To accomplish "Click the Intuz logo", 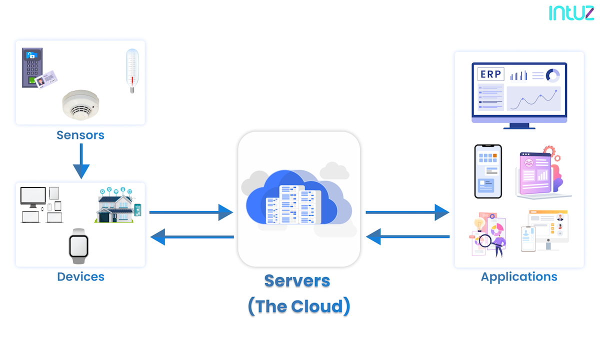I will [571, 13].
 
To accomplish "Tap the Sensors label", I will [80, 135].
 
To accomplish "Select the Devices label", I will [80, 276].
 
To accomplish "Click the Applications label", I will [519, 276].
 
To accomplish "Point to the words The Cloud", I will [299, 306].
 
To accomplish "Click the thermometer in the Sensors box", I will [132, 70].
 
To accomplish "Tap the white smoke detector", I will [81, 105].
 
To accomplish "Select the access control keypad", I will [32, 67].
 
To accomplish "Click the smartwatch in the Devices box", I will [78, 245].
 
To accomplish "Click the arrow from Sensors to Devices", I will [80, 161].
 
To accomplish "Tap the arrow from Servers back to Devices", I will [192, 236].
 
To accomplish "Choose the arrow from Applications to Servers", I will [407, 236].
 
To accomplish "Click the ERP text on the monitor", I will [490, 74].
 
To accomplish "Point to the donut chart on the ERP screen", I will [552, 75].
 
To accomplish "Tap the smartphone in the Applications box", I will [488, 171].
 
